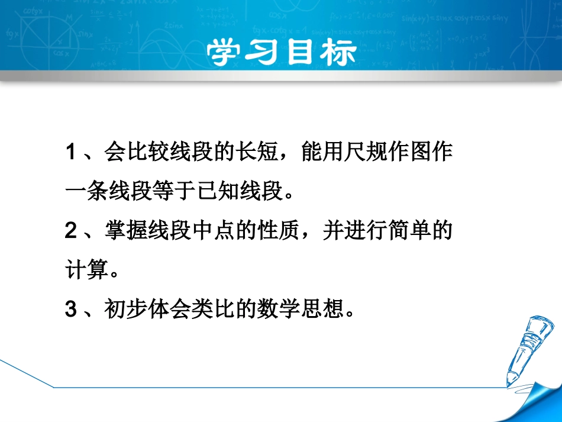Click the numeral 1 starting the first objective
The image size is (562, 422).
(70, 153)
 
